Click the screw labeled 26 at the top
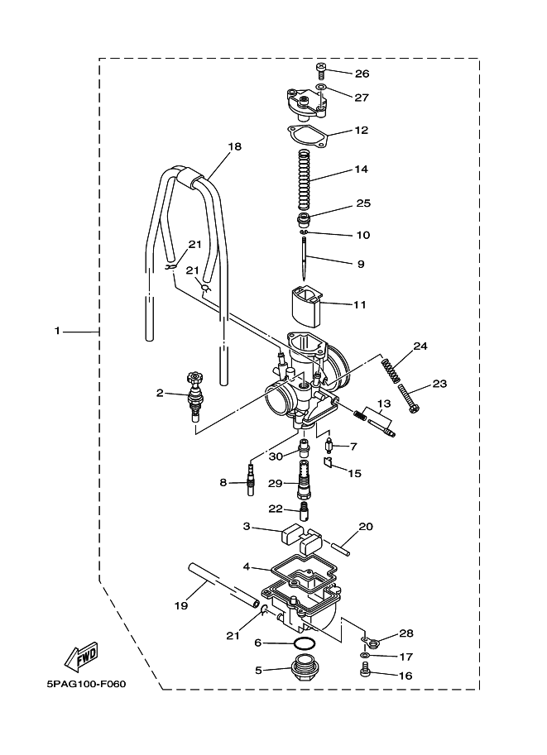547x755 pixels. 321,70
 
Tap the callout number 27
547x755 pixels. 362,98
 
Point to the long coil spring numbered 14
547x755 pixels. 303,179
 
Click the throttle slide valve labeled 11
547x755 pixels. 305,307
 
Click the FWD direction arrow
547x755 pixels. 81,657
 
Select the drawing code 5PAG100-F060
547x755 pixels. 86,684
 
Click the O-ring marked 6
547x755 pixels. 304,643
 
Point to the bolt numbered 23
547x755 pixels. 409,399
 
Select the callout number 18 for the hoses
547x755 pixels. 235,146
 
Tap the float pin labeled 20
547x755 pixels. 341,548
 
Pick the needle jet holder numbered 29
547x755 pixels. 304,480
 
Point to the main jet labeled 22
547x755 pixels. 304,511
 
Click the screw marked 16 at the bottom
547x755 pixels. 365,671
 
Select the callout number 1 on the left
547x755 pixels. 57,331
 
